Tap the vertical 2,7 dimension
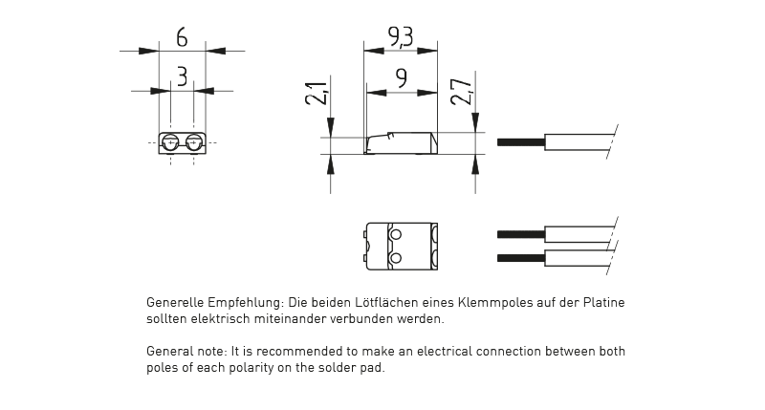tap(463, 93)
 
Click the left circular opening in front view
tap(171, 143)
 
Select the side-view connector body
tap(401, 142)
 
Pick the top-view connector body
tap(401, 245)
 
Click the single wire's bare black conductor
tap(520, 142)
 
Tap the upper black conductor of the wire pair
tap(520, 234)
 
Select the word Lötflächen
tap(385, 303)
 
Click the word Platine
tap(602, 303)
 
